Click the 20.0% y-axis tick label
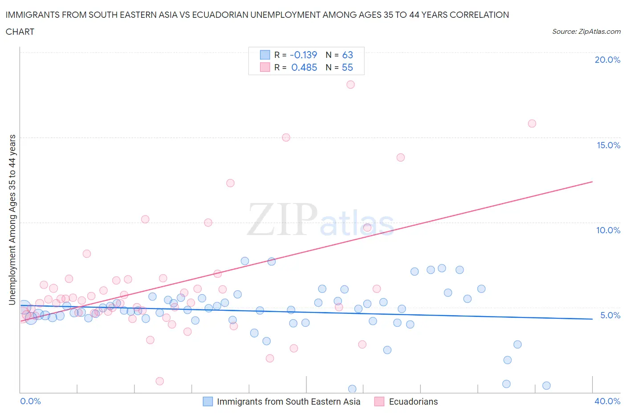coord(607,60)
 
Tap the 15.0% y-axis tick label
coord(608,145)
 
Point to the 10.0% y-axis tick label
coord(608,230)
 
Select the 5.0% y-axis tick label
coord(610,315)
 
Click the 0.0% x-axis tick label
coord(30,401)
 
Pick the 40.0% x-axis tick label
coord(607,401)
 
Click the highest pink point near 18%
coord(350,85)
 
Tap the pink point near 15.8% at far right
coord(532,124)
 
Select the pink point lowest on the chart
coord(160,381)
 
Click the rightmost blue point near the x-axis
coord(546,386)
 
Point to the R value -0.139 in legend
coord(303,55)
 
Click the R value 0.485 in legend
coord(304,67)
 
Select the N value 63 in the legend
coord(347,55)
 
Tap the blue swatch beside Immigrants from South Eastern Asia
coord(207,402)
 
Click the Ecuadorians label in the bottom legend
coord(413,402)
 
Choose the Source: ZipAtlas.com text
coord(586,31)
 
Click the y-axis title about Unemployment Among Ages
coord(12,219)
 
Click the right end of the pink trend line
coord(592,182)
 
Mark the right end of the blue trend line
coord(592,319)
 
